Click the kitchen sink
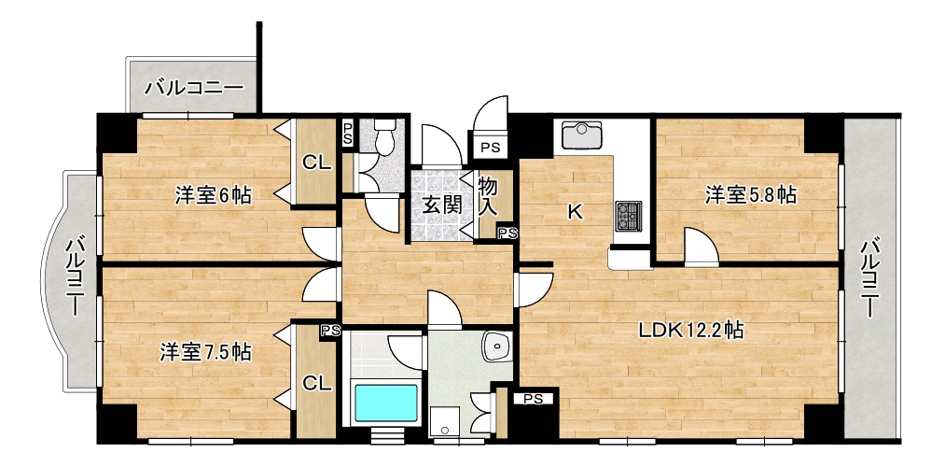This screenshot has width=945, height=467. pos(581,134)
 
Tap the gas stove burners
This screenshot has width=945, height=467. pos(628,216)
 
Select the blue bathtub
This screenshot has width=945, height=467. pos(386,403)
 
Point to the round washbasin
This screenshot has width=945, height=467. pos(497,347)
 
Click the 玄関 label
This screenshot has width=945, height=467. pos(441,205)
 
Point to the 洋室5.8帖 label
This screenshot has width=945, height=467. pos(751,195)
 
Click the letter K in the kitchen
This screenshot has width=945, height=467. pos(577,212)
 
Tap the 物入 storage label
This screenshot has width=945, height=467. pos(488,197)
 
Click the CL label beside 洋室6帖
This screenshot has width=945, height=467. pos(317,162)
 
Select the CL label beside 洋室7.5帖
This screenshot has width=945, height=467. pos(317,383)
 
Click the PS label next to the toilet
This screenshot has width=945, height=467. pos(348,132)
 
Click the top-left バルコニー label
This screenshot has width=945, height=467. pos(194,88)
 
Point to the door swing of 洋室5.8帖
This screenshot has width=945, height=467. pos(702,248)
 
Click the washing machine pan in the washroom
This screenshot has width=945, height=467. pos(445,421)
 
